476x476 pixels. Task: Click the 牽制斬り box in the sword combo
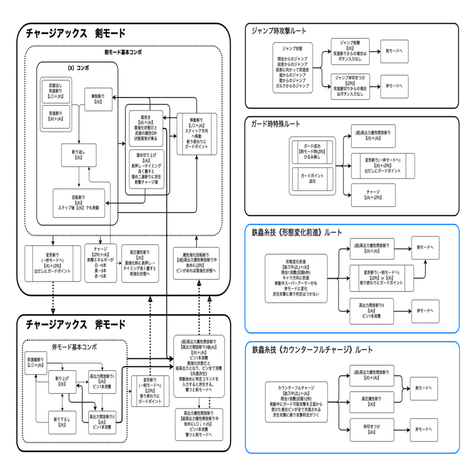[x=99, y=99]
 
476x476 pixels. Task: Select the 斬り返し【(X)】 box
[x=78, y=154]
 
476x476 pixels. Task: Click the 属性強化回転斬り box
[x=196, y=262]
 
